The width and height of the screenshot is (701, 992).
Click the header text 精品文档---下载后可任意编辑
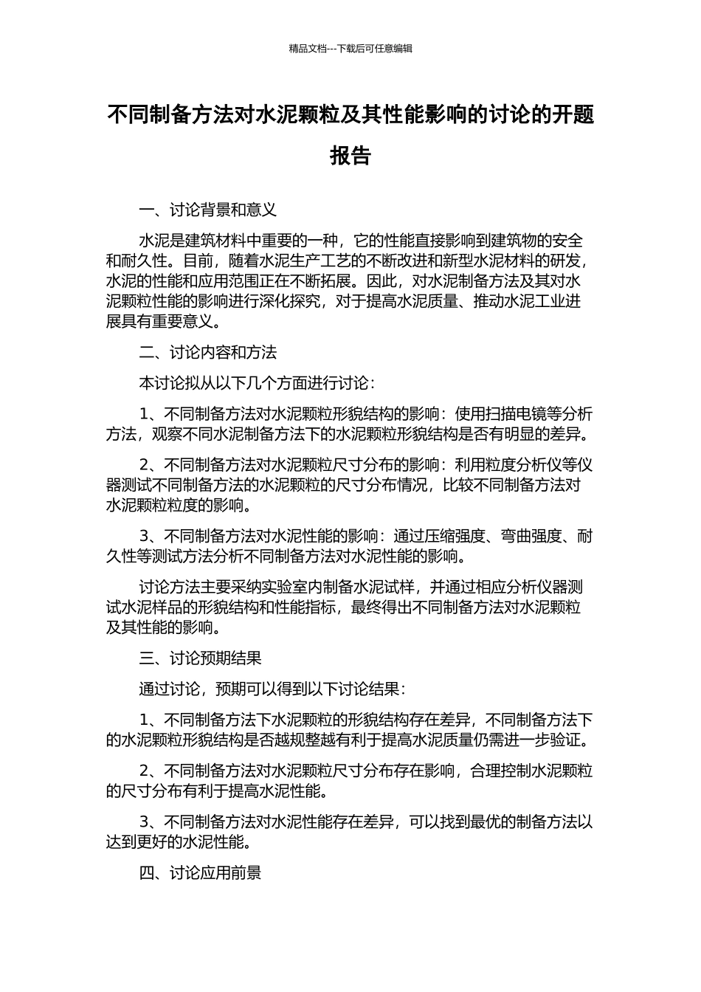point(350,49)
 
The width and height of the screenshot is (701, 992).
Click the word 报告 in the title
point(350,156)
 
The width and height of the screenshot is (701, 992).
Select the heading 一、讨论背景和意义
point(208,210)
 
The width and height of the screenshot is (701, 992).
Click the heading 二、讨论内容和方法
point(208,353)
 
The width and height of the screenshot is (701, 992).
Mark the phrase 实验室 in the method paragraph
point(277,588)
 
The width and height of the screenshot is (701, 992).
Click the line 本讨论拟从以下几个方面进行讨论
point(257,383)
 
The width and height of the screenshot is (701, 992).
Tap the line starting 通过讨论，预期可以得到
point(272,689)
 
